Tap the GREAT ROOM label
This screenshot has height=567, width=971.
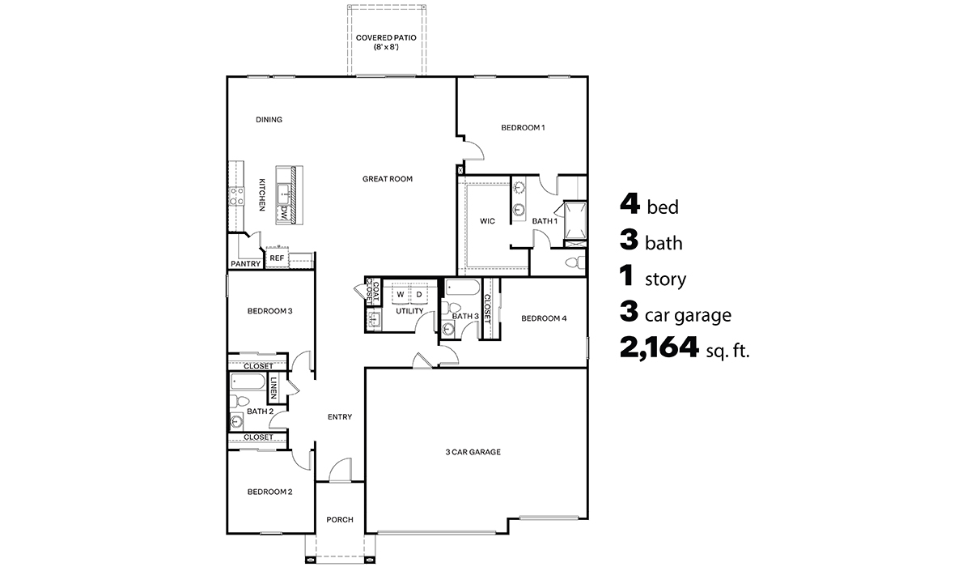pyautogui.click(x=387, y=179)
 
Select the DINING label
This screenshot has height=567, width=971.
pyautogui.click(x=269, y=120)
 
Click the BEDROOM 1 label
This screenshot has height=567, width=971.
pyautogui.click(x=523, y=127)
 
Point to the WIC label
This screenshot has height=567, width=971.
pyautogui.click(x=487, y=220)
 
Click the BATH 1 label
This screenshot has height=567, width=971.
pyautogui.click(x=544, y=220)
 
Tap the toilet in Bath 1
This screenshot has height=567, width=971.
pyautogui.click(x=575, y=263)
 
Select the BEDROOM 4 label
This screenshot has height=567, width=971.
pyautogui.click(x=544, y=318)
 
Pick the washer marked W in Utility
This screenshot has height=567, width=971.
pyautogui.click(x=400, y=294)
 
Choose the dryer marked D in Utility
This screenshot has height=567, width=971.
pyautogui.click(x=419, y=294)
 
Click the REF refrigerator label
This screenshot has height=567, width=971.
pyautogui.click(x=277, y=259)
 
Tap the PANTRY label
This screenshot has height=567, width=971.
pyautogui.click(x=245, y=264)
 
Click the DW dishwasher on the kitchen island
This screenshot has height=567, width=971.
pyautogui.click(x=285, y=213)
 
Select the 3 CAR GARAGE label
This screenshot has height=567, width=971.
pyautogui.click(x=473, y=452)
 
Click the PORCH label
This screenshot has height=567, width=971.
pyautogui.click(x=339, y=520)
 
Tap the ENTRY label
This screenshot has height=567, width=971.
pyautogui.click(x=339, y=417)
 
